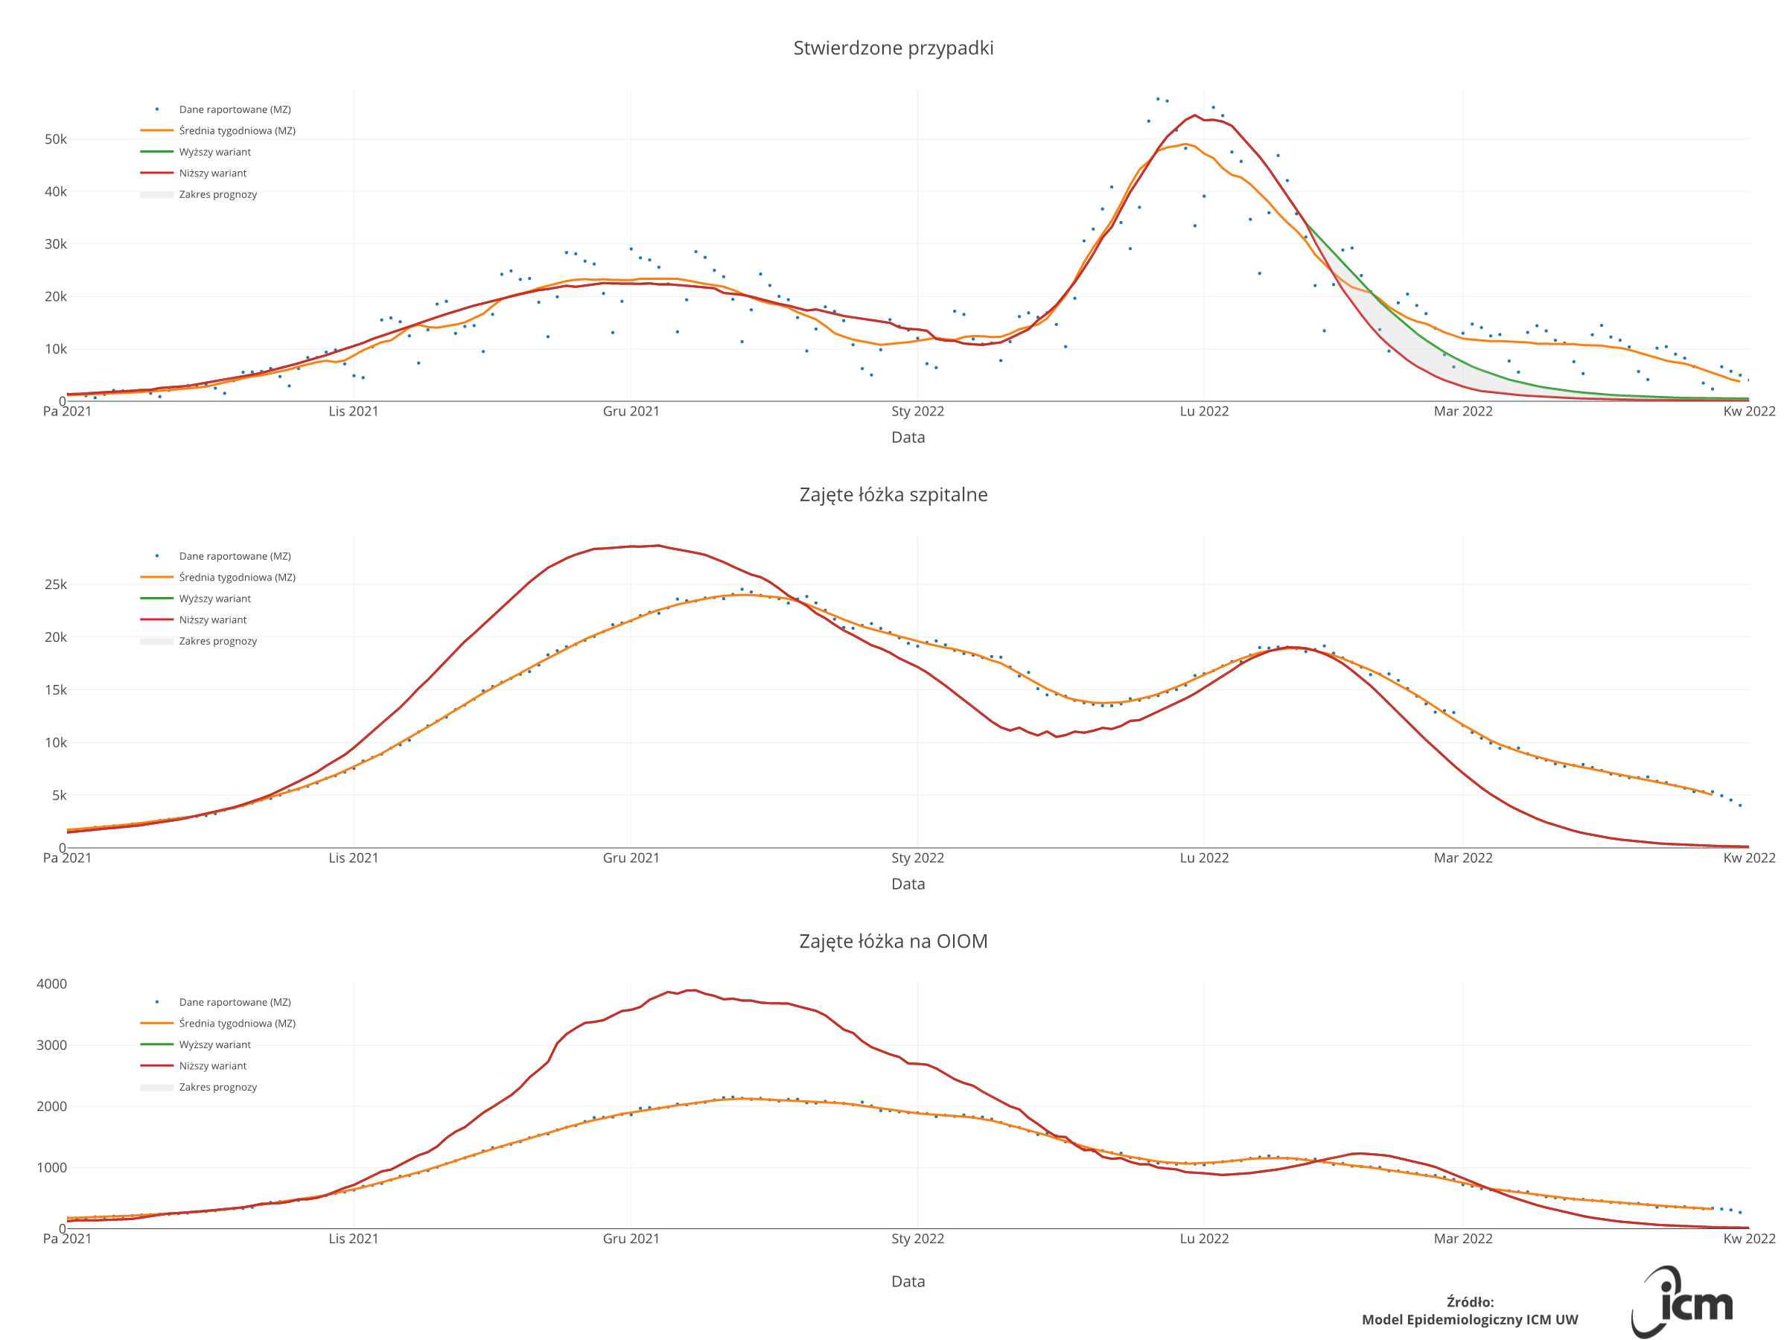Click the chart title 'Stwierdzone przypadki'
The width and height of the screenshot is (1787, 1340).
tap(893, 48)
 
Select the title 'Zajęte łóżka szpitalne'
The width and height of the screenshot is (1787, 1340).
tap(893, 494)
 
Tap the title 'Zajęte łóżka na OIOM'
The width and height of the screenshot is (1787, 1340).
tap(893, 941)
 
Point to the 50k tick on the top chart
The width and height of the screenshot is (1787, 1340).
tap(56, 139)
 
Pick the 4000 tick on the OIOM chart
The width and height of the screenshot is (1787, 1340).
tap(51, 984)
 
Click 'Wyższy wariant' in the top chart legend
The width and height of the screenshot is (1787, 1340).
tap(215, 152)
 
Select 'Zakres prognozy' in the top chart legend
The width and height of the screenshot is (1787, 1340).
tap(217, 194)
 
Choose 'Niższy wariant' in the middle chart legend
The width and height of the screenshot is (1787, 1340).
tap(212, 619)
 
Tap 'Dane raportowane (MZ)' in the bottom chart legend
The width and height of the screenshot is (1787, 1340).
tap(235, 1001)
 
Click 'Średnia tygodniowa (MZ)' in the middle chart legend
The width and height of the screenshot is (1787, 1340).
tap(237, 578)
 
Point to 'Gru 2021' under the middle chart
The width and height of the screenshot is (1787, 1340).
tap(631, 858)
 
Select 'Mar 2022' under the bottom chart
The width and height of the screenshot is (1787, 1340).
tap(1462, 1238)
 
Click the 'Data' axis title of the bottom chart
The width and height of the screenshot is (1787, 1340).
tap(908, 1281)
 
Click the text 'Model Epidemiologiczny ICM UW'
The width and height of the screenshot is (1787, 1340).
tap(1470, 1320)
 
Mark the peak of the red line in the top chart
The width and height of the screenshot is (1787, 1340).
tap(1195, 115)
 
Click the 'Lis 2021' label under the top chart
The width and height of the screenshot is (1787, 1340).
tap(353, 411)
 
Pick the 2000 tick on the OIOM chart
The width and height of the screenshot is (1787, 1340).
tap(51, 1106)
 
